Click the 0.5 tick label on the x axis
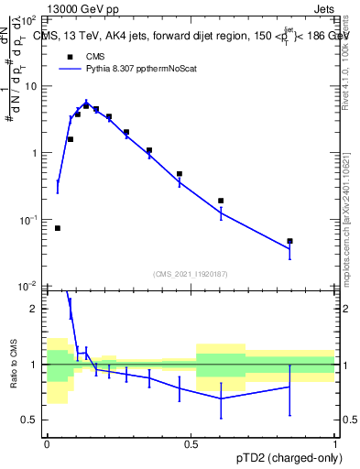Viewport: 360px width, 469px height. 191,444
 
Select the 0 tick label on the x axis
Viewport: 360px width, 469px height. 47,444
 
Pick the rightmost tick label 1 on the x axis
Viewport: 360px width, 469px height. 334,444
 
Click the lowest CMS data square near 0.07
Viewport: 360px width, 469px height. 58,228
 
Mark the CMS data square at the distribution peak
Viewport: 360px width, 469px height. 86,105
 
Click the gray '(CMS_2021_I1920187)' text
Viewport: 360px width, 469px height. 191,274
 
